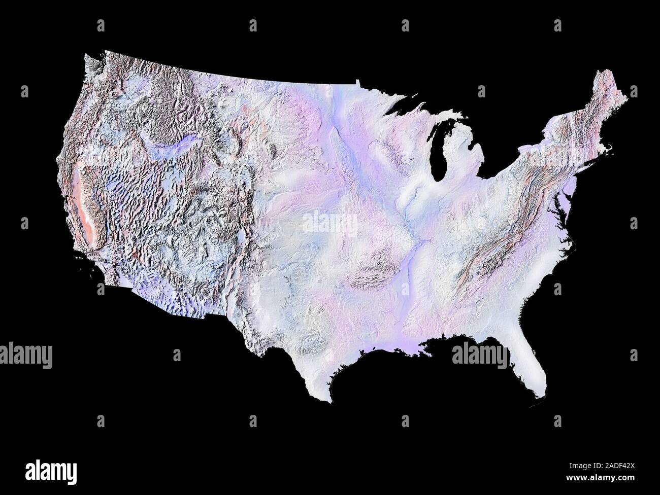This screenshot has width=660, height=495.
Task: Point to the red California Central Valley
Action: (81, 203)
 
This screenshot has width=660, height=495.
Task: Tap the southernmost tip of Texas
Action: (331, 401)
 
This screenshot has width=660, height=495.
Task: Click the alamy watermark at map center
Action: (330, 223)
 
